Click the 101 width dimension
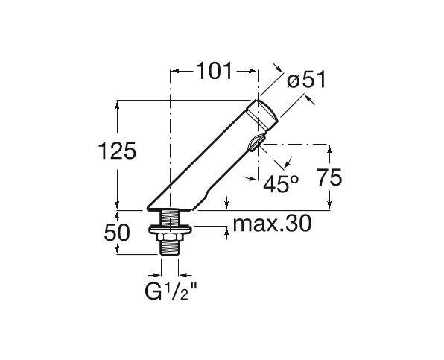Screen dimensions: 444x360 (x=214, y=71)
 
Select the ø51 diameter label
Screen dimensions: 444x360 (x=306, y=80)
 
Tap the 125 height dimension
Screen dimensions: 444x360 (x=117, y=151)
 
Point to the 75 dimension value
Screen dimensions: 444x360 (x=329, y=177)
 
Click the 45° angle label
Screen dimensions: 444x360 (x=281, y=184)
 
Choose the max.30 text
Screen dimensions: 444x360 (x=272, y=224)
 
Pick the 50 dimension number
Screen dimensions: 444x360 (x=117, y=233)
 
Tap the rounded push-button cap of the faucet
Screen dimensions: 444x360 (x=262, y=113)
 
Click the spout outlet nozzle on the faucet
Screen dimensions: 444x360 (x=256, y=143)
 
